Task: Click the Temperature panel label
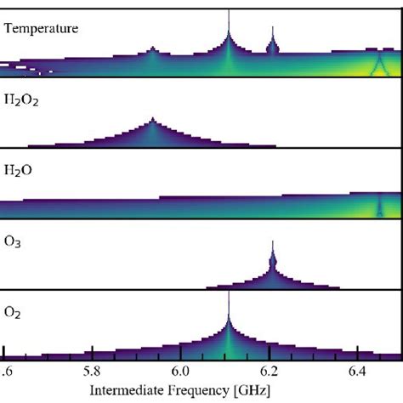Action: coord(41,28)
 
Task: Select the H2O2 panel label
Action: coord(22,100)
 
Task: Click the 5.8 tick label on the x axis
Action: coord(93,371)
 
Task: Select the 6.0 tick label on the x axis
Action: coord(180,371)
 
